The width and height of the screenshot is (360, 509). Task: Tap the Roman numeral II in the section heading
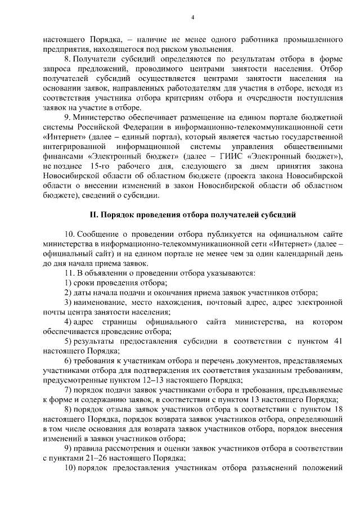point(95,214)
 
